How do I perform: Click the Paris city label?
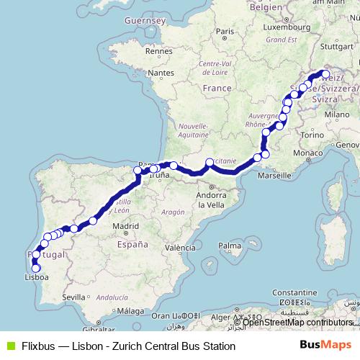pyautogui.click(x=225, y=31)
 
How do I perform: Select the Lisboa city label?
pyautogui.click(x=37, y=276)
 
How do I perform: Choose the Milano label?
pyautogui.click(x=336, y=114)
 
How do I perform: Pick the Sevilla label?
pyautogui.click(x=74, y=297)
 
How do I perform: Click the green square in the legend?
pyautogui.click(x=9, y=346)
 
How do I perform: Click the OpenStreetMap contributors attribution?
pyautogui.click(x=297, y=322)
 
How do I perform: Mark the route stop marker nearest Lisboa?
pyautogui.click(x=36, y=269)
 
